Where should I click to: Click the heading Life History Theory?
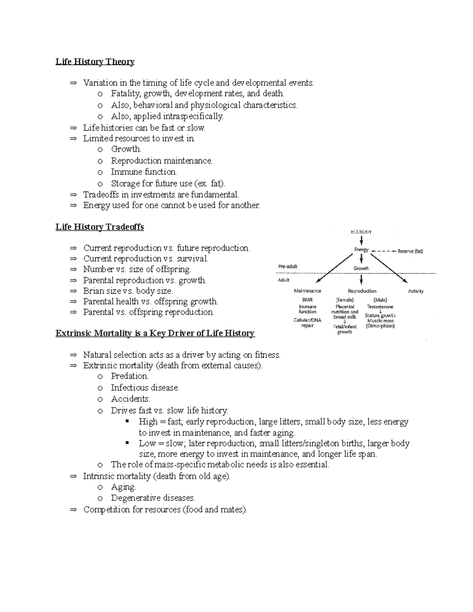95,62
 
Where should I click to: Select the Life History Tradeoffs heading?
100,227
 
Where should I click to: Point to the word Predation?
129,376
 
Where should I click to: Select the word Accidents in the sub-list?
130,399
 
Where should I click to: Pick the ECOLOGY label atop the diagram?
361,232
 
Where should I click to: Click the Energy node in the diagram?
361,250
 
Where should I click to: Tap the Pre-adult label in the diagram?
288,266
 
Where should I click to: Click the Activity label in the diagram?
415,291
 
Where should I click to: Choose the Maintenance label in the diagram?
307,291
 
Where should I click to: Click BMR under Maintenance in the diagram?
307,300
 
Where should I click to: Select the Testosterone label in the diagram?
380,307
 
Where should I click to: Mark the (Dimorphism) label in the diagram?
380,326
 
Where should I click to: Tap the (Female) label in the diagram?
345,300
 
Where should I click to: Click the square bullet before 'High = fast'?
127,421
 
